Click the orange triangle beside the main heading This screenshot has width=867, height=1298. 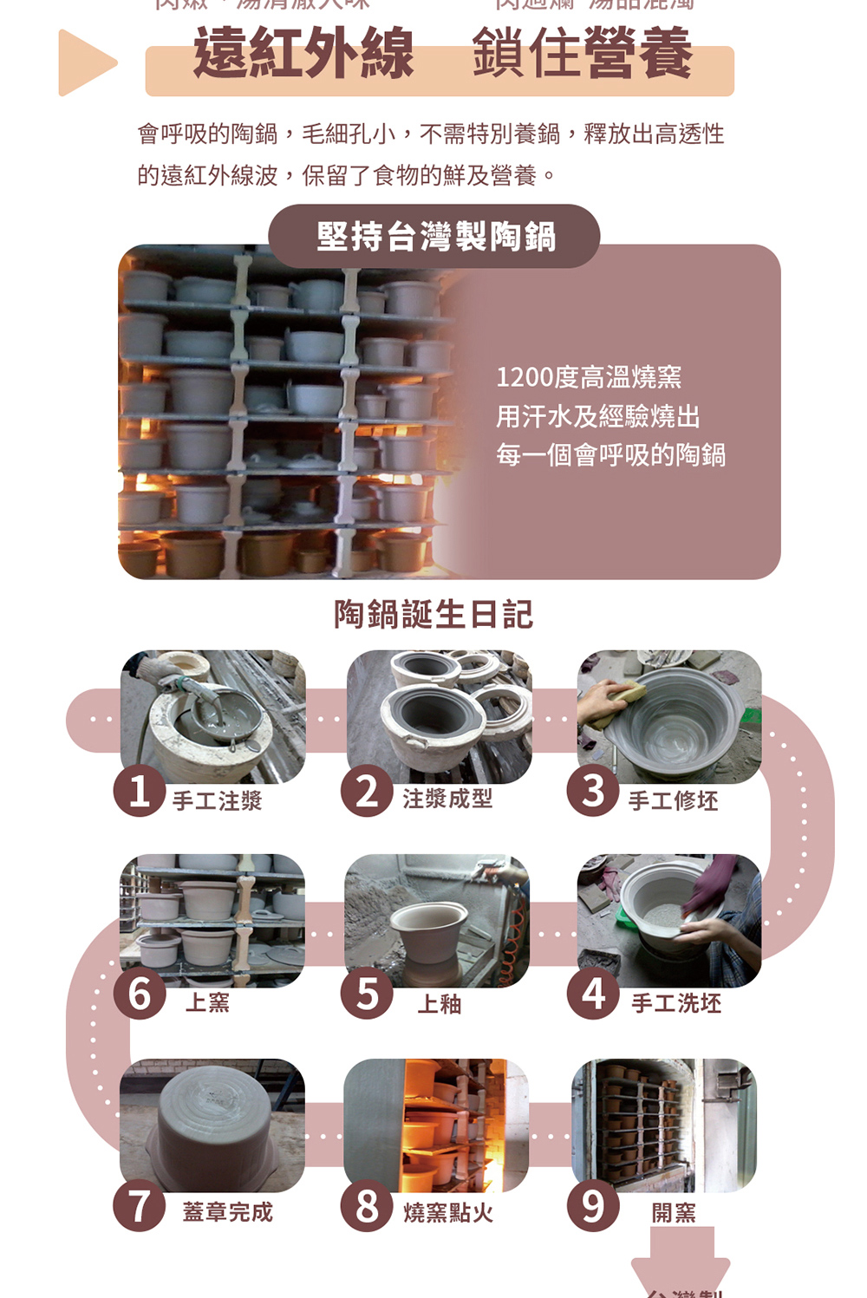tap(84, 62)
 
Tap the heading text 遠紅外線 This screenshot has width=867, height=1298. tap(303, 54)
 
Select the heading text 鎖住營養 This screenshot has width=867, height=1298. tap(582, 54)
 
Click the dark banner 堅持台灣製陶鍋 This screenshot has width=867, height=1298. tap(434, 236)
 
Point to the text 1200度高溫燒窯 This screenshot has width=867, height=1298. tap(589, 377)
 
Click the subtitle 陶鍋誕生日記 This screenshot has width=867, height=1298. tap(433, 614)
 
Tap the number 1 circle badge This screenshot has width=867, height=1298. tap(140, 791)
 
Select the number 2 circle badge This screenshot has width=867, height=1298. tap(367, 791)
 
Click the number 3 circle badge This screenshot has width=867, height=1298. tap(593, 791)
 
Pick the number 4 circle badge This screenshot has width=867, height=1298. tap(593, 994)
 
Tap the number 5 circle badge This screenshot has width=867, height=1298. tap(367, 994)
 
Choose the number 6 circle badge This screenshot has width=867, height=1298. tap(140, 994)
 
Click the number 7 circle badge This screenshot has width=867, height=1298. tap(140, 1205)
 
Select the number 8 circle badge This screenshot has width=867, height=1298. tap(367, 1205)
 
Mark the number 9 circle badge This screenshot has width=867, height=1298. tap(593, 1205)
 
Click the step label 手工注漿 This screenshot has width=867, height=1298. tap(217, 800)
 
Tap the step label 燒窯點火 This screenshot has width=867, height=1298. tap(448, 1212)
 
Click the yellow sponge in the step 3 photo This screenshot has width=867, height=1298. tap(626, 696)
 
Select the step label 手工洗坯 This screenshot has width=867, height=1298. tap(676, 1003)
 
